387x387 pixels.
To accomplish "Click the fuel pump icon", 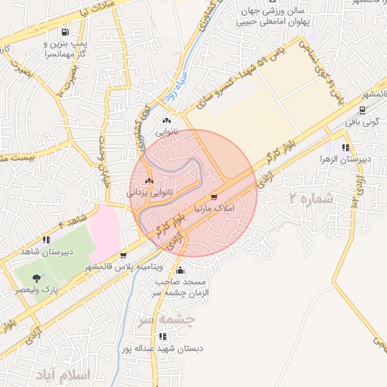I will click(65, 33).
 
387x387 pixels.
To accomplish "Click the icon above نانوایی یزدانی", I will click(149, 181).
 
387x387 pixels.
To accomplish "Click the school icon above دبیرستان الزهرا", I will click(345, 148).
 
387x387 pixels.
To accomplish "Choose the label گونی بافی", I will click(362, 120).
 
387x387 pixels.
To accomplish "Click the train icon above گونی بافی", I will click(363, 108).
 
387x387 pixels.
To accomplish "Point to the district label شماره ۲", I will click(311, 200).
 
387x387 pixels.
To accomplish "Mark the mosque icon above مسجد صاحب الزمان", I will click(179, 271).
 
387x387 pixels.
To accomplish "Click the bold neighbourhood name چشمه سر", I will click(166, 321).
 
